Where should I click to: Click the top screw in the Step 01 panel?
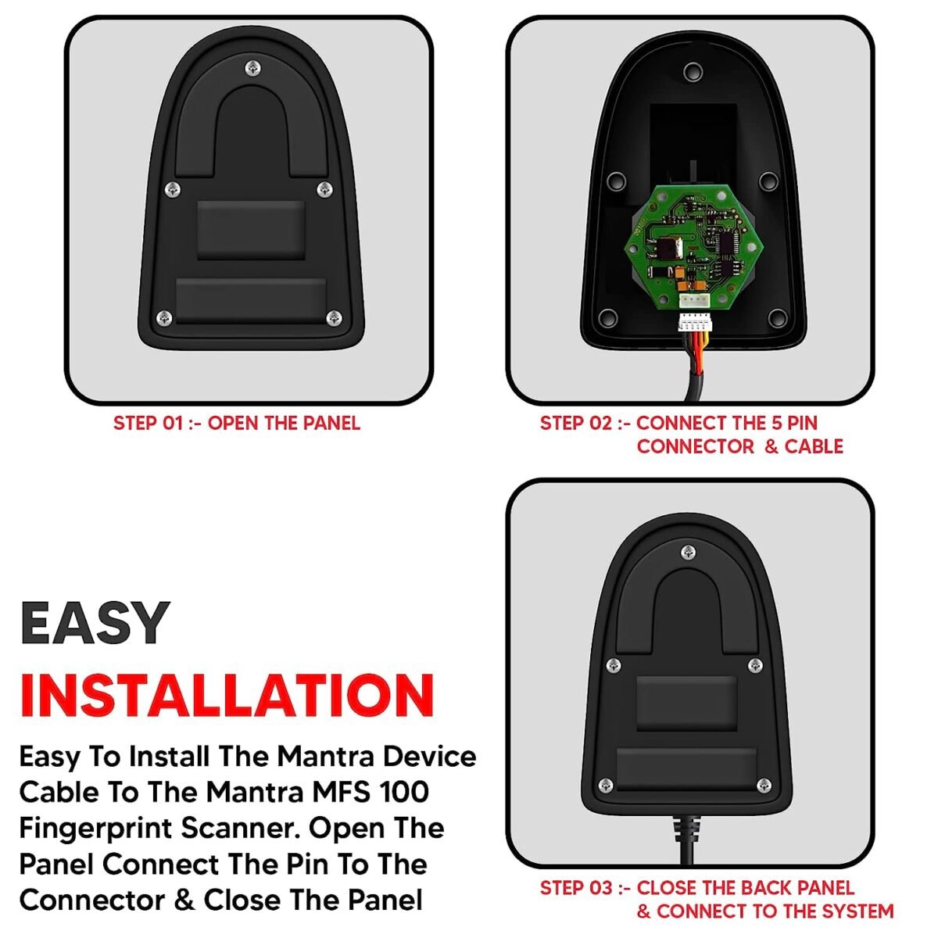pyautogui.click(x=252, y=69)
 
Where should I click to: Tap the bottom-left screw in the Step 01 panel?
pyautogui.click(x=164, y=317)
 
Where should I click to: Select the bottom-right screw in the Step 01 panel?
pyautogui.click(x=334, y=317)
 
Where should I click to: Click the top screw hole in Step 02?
pyautogui.click(x=692, y=73)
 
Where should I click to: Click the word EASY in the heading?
pyautogui.click(x=95, y=623)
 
